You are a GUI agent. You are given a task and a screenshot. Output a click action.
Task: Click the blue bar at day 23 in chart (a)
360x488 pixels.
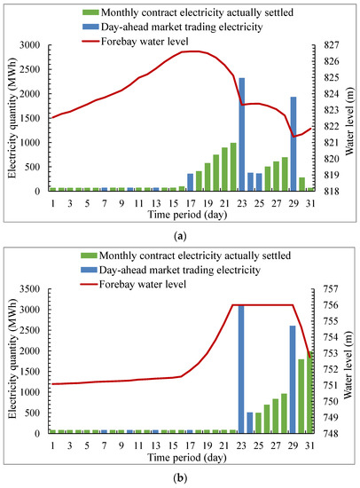tap(241, 135)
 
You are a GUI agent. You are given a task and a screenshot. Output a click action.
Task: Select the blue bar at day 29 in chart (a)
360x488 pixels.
tap(293, 144)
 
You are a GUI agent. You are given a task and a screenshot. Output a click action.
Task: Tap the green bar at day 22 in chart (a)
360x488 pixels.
tap(233, 167)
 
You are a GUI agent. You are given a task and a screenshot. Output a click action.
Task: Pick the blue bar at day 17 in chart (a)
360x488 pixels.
tap(190, 183)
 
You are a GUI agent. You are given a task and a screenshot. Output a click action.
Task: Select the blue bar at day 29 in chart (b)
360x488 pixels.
tap(293, 380)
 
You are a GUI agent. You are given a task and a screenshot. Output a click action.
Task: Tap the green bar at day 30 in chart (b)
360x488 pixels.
tap(301, 397)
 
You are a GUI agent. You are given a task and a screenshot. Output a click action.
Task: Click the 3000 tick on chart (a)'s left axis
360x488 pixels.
tap(30, 45)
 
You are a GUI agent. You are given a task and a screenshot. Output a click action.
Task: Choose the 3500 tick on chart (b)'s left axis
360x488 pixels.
tap(30, 289)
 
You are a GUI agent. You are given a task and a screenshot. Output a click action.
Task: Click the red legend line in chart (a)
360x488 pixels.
tap(90, 41)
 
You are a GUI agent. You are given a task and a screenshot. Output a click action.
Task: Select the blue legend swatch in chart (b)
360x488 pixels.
tap(89, 270)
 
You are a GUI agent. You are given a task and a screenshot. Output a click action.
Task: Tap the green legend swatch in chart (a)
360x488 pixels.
tap(90, 12)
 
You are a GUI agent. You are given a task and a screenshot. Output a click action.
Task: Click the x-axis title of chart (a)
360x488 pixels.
tap(187, 215)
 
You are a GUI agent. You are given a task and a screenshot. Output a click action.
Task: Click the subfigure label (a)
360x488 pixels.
tap(180, 236)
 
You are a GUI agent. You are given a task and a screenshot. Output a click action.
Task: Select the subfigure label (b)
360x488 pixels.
tap(180, 477)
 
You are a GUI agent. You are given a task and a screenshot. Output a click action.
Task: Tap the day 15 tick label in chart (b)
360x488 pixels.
tap(173, 445)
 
